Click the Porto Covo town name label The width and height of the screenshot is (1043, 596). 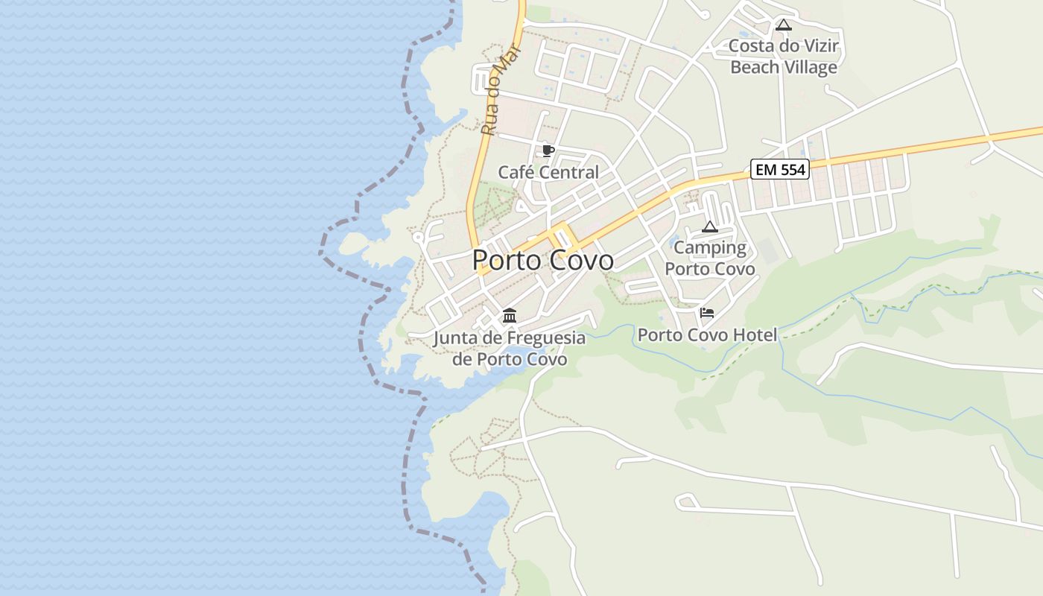pyautogui.click(x=543, y=260)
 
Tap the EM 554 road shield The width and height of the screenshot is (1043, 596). pyautogui.click(x=779, y=170)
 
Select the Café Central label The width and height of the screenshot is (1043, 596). pyautogui.click(x=548, y=172)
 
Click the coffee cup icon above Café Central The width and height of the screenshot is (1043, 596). pyautogui.click(x=548, y=151)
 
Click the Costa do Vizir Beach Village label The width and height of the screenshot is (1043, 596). pyautogui.click(x=784, y=57)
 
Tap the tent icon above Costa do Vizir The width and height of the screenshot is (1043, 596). pyautogui.click(x=783, y=25)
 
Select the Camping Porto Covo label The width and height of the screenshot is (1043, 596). pyautogui.click(x=710, y=258)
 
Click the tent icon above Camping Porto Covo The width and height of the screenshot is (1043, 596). pyautogui.click(x=710, y=226)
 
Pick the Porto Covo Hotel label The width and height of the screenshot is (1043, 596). pyautogui.click(x=707, y=335)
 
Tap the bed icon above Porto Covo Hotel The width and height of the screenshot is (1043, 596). pyautogui.click(x=707, y=312)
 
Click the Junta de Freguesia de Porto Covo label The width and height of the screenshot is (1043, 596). pyautogui.click(x=510, y=349)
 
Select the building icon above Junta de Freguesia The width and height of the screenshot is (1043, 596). pyautogui.click(x=510, y=316)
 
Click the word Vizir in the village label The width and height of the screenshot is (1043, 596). pyautogui.click(x=821, y=46)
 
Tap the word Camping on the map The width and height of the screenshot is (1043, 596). pyautogui.click(x=710, y=248)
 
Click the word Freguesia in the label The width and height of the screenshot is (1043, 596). pyautogui.click(x=546, y=338)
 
